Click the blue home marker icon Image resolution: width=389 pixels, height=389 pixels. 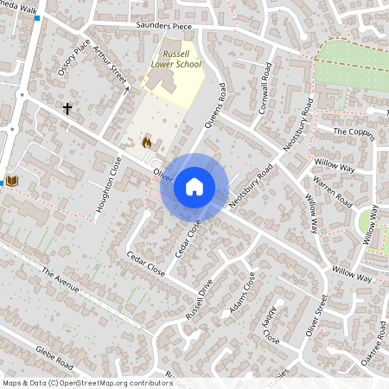coord(194,187)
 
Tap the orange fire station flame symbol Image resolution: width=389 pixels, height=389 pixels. coord(146,141)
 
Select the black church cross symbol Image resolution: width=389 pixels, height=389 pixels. coord(67,109)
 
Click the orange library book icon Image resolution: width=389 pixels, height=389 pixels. coord(12,180)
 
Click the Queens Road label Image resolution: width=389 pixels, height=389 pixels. coord(216,107)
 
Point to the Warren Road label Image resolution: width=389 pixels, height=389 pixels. coord(333,192)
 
